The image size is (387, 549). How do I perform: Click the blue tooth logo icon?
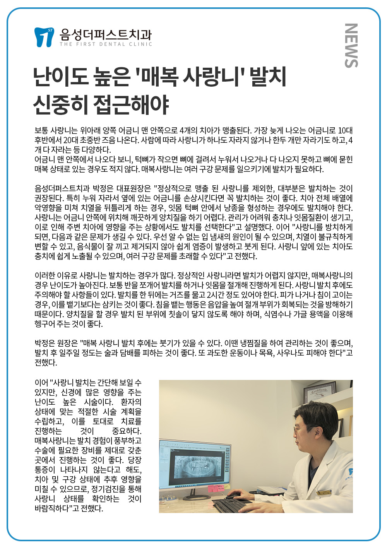coord(43,37)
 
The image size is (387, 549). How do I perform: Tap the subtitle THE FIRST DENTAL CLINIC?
coord(106,44)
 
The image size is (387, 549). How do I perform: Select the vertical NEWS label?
coord(351,46)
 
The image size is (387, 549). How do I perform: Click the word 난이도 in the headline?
coord(60,76)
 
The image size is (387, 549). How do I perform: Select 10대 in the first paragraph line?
coord(345,130)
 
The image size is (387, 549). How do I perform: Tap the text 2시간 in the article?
coord(218,295)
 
